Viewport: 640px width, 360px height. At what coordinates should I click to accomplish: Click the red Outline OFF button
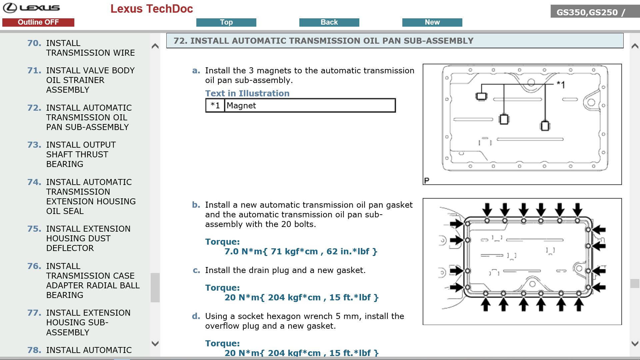(x=38, y=22)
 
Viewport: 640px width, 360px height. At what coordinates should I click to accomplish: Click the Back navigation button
(x=329, y=22)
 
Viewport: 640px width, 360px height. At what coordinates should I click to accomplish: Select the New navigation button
(x=432, y=22)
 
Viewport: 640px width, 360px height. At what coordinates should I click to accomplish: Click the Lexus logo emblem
(x=10, y=8)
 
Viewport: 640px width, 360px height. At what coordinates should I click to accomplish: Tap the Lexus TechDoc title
(x=152, y=9)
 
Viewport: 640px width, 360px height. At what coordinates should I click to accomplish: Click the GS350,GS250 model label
(x=587, y=12)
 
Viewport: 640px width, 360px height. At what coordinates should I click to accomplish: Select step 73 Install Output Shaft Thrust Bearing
(x=81, y=154)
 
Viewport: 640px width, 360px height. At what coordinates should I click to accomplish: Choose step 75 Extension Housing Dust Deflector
(x=88, y=238)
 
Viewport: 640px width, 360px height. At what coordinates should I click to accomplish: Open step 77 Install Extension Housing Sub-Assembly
(x=88, y=322)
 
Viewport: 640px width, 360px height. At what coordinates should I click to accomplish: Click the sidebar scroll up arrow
(x=155, y=46)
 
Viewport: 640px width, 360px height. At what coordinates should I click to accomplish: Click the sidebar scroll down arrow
(x=155, y=343)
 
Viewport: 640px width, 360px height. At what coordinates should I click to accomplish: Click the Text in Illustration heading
(x=247, y=93)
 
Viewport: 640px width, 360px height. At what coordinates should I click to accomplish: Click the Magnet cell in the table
(x=309, y=106)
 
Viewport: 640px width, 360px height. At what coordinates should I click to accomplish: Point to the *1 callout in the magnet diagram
(x=561, y=85)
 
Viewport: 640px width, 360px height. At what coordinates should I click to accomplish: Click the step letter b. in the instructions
(x=196, y=205)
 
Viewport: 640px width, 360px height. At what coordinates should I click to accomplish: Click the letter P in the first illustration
(x=427, y=180)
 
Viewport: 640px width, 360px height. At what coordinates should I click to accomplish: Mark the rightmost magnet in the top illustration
(x=545, y=126)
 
